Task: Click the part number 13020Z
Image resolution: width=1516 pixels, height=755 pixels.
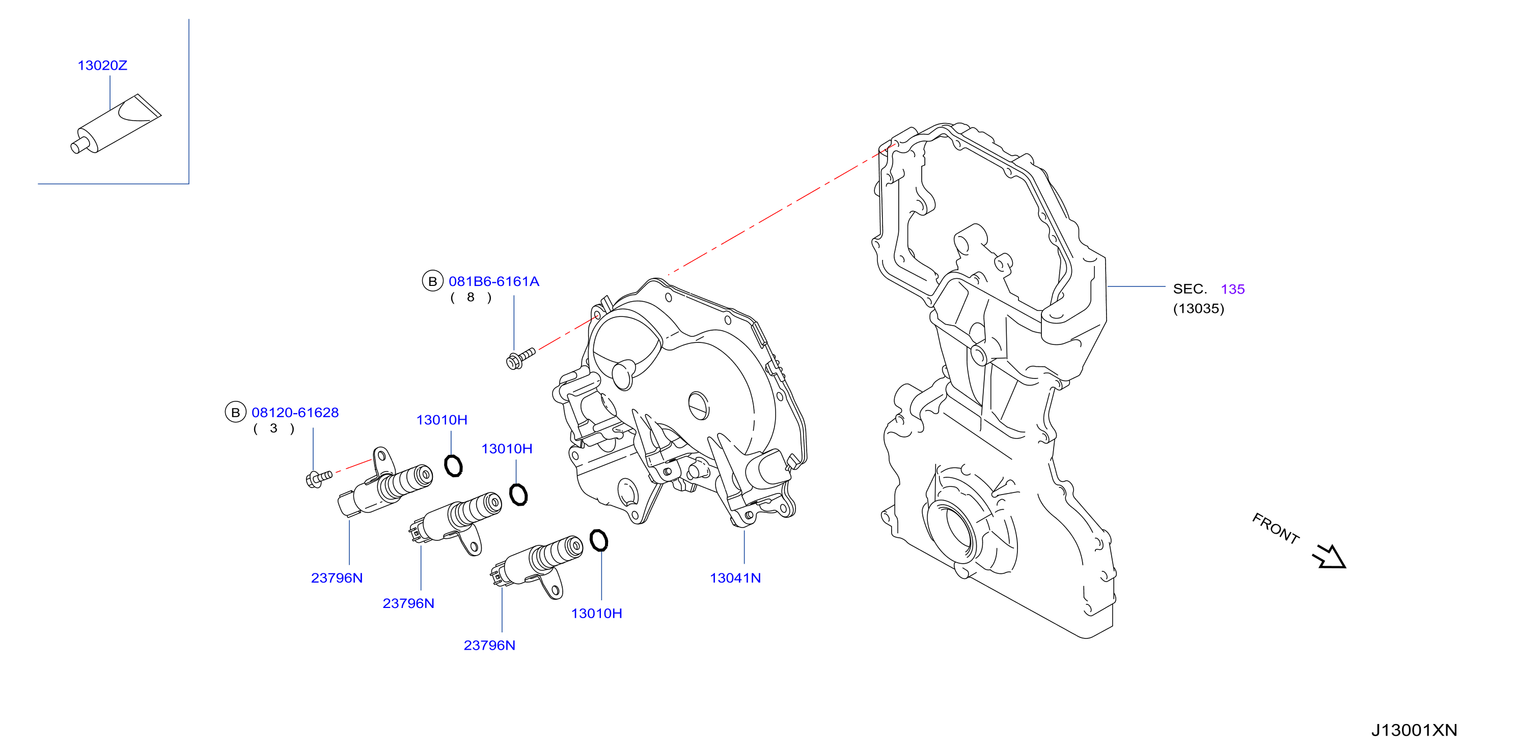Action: [102, 65]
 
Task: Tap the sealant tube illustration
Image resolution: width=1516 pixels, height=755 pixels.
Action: [116, 124]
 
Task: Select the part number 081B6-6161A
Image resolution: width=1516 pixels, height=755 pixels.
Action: [494, 282]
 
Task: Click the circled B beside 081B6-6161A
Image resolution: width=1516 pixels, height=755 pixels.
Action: [432, 282]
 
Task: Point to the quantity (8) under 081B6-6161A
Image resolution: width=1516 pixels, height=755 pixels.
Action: [471, 298]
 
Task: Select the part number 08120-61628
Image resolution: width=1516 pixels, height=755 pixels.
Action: [295, 413]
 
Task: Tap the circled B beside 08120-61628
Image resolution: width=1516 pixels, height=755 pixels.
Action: [235, 413]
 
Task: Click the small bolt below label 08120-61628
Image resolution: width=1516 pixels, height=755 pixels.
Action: [319, 478]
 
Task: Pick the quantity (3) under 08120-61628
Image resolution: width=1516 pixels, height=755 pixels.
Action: [273, 429]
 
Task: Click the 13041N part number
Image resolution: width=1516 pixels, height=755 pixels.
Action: [735, 578]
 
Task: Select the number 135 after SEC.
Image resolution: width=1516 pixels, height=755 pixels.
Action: [1232, 289]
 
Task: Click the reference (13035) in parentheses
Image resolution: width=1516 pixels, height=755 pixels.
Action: [1198, 309]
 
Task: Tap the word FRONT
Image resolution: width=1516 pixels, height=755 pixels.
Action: [1275, 529]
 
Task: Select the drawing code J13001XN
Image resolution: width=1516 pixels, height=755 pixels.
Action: [1414, 730]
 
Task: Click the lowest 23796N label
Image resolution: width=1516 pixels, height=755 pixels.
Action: [490, 646]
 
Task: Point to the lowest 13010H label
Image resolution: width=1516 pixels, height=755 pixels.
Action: [596, 614]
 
